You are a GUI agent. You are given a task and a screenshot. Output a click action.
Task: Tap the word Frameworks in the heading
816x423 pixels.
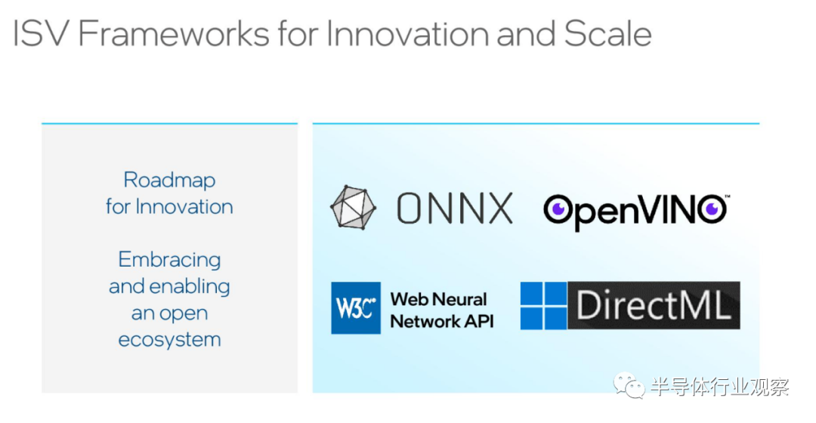point(173,34)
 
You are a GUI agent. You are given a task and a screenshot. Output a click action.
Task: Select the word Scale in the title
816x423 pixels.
point(607,34)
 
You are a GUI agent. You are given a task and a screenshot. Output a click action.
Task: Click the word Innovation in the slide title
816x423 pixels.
point(407,34)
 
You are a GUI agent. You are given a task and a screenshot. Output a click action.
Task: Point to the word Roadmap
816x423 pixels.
point(169,180)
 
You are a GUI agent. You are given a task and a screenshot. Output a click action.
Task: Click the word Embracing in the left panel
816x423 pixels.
point(169,260)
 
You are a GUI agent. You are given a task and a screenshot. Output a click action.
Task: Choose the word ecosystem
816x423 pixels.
point(169,340)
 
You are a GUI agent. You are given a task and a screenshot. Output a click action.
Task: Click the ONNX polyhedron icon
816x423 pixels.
point(353,207)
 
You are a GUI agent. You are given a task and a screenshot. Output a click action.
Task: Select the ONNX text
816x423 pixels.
point(454,208)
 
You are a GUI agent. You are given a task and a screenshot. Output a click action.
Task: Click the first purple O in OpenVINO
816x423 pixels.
point(558,210)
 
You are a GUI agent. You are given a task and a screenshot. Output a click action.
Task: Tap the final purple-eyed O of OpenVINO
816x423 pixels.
point(712,209)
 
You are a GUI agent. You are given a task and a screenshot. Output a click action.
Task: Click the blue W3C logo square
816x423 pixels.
point(356,307)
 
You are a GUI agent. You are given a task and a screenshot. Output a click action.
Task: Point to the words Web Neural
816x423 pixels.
point(439,299)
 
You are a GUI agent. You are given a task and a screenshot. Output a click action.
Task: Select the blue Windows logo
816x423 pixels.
point(543,305)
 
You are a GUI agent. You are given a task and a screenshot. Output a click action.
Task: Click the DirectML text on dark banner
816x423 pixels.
point(653,305)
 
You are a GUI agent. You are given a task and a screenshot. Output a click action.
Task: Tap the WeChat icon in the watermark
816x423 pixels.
point(629,385)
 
